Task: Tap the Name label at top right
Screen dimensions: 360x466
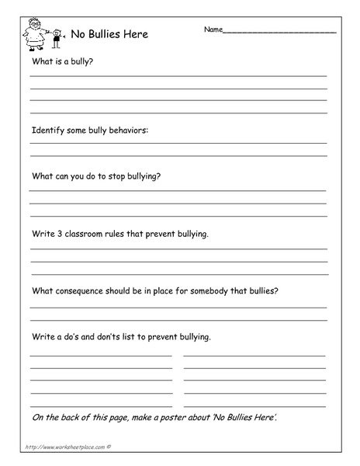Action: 213,30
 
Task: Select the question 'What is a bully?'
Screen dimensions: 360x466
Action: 63,61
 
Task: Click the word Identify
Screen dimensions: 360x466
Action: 49,130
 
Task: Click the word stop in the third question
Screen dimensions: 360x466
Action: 109,176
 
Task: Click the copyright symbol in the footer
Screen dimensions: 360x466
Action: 109,448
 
